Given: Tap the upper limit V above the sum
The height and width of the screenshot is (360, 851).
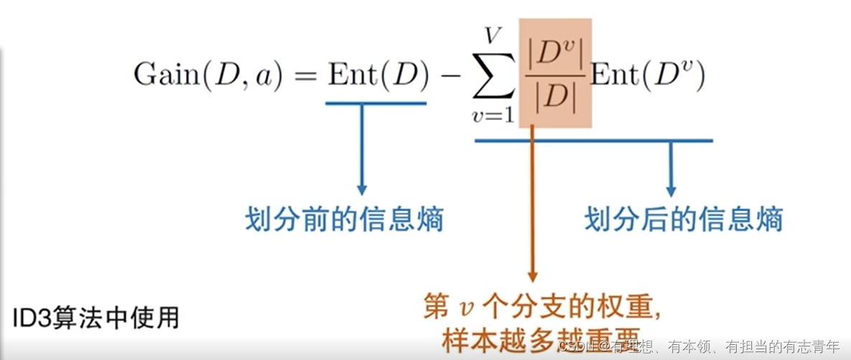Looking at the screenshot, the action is coord(493,34).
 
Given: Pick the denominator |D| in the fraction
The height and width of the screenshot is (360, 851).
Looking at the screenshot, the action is coord(556,99).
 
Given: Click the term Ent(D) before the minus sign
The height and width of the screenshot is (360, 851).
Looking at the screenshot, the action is coord(377,75).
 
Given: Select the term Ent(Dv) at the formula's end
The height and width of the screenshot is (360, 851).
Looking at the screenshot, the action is coord(647,75).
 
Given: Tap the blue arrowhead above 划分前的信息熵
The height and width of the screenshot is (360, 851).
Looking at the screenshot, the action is coord(361,189).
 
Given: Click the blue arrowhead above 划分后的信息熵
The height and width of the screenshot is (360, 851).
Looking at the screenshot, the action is coord(671,190).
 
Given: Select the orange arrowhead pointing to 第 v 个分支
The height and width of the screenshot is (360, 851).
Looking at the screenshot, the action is coord(532,275).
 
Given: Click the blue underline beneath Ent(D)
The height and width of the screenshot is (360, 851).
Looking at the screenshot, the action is coord(376,103).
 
